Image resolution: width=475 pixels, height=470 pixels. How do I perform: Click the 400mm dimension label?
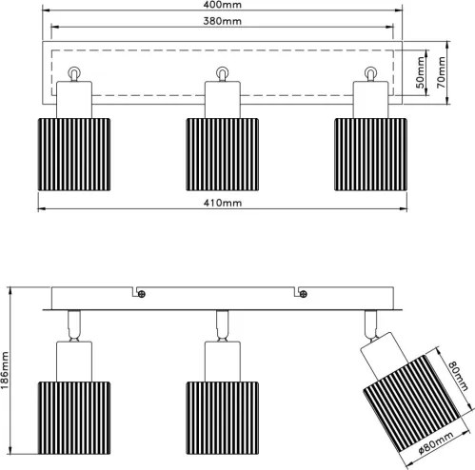222,5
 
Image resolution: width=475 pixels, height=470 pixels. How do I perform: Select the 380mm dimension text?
222,21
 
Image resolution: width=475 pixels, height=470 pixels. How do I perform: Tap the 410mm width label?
223,203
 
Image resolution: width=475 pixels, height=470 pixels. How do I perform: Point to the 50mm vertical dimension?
420,72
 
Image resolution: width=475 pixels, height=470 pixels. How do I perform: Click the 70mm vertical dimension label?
441,72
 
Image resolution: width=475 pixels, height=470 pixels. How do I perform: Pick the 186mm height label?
5,370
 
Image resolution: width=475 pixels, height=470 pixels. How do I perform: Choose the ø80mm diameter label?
435,443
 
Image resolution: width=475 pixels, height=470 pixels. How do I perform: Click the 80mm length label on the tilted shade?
459,376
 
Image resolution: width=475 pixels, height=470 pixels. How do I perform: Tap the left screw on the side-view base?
142,294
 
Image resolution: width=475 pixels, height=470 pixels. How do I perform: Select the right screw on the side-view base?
304,294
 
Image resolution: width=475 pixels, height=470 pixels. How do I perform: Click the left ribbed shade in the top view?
74,154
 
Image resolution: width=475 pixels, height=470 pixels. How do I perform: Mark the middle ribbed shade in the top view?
223,154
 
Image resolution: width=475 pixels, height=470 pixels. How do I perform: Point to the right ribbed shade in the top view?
370,154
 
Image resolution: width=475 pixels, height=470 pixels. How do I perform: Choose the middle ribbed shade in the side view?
223,418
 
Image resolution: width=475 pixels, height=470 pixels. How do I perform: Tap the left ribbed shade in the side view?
74,418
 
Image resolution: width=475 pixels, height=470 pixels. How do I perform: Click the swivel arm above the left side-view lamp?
74,325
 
